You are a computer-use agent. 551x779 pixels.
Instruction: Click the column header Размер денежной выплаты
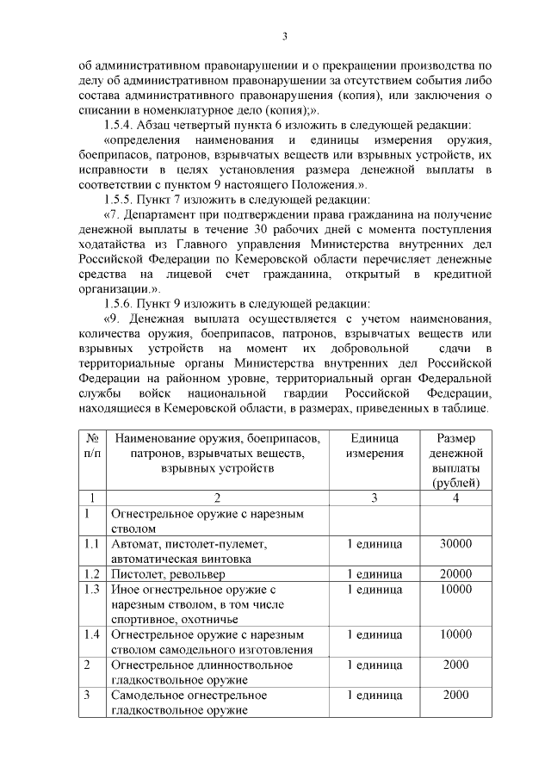pyautogui.click(x=455, y=460)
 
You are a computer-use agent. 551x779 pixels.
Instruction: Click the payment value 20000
pyautogui.click(x=455, y=574)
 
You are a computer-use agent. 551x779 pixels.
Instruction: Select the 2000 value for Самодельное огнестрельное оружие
pyautogui.click(x=455, y=695)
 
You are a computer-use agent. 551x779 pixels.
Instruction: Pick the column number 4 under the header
pyautogui.click(x=455, y=498)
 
